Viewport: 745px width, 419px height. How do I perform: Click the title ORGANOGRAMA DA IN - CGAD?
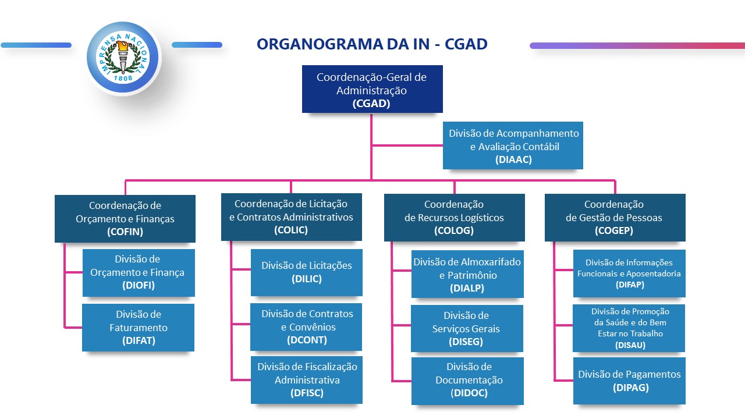point(372,44)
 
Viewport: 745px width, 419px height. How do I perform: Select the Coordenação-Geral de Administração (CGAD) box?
point(372,89)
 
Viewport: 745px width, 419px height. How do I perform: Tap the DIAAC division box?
point(513,145)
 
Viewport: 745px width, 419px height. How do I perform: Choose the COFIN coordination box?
point(125,218)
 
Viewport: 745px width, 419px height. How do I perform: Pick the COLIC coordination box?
point(291,216)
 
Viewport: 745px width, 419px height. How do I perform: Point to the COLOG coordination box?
point(454,217)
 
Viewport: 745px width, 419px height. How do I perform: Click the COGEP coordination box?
point(615,217)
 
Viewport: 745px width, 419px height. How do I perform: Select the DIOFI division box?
point(139,272)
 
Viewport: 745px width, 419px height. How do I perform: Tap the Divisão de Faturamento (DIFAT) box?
point(139,328)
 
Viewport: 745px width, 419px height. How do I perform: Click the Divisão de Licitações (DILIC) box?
point(307,272)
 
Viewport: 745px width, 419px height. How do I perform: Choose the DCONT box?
point(307,326)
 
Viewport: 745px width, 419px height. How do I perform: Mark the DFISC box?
point(307,379)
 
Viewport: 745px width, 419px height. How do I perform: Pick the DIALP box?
point(467,274)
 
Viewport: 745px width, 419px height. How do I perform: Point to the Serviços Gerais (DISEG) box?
point(467,328)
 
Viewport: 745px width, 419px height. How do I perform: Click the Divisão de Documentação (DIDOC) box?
point(467,381)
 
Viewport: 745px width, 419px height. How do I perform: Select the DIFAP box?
point(629,273)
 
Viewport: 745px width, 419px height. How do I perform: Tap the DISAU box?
point(629,328)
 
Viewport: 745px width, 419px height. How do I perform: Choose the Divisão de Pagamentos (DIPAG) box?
point(629,381)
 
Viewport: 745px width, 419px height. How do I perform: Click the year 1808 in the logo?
point(123,77)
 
